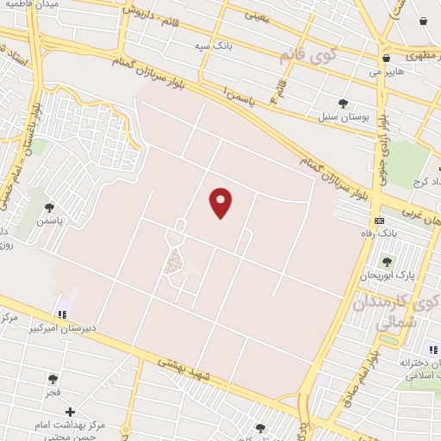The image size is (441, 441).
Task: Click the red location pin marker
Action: [221, 202]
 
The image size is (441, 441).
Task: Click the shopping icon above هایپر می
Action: [384, 59]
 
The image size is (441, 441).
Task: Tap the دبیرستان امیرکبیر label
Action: [62, 328]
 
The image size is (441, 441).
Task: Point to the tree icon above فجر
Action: [53, 379]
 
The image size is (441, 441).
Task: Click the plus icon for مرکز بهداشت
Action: [70, 412]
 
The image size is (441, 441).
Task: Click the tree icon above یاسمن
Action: [49, 207]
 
